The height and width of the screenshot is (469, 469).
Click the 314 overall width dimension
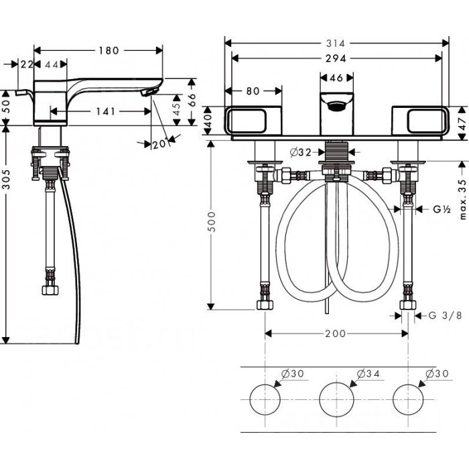[x=336, y=44]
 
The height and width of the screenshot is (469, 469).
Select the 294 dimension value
[x=336, y=58]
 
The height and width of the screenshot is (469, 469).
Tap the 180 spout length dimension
[x=109, y=50]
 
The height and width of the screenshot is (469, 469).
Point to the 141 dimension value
[x=106, y=112]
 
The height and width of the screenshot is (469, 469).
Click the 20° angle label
[x=159, y=145]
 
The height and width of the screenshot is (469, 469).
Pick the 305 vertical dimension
[x=6, y=179]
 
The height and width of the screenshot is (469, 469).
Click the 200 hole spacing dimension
[x=335, y=333]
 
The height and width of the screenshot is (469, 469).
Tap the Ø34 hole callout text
[x=368, y=374]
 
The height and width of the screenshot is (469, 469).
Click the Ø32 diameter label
[x=301, y=153]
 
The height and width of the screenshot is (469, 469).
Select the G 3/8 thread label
[x=446, y=316]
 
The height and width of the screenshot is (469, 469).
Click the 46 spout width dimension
[x=336, y=78]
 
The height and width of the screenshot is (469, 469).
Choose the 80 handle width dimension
[x=253, y=91]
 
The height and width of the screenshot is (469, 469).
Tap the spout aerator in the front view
[x=336, y=106]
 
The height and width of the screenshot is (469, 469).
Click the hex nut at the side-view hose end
[x=50, y=290]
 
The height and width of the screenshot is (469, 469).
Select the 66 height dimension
[x=192, y=100]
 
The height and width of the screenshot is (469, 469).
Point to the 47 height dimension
[x=462, y=123]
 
